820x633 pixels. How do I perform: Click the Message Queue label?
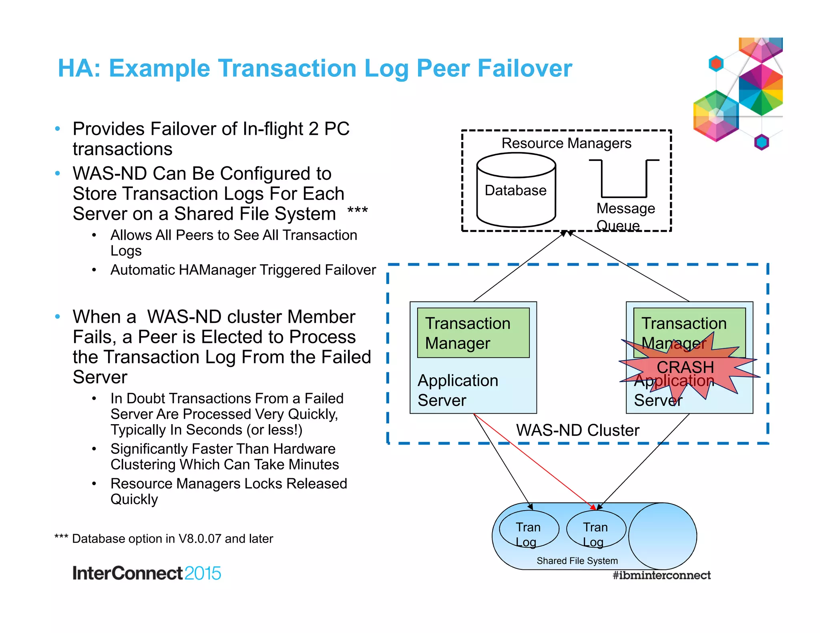click(x=625, y=216)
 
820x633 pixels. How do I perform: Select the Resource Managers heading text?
click(x=566, y=143)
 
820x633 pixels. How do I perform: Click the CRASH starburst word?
click(x=685, y=367)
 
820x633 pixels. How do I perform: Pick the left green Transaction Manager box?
click(x=473, y=333)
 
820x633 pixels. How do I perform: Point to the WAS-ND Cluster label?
click(x=577, y=431)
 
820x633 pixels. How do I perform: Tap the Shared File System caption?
click(x=577, y=561)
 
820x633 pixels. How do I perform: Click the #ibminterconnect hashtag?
click(x=661, y=575)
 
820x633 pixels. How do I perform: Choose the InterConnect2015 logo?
click(x=147, y=573)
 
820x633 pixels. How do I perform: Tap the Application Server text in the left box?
click(x=458, y=390)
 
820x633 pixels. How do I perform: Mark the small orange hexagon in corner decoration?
click(x=716, y=64)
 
